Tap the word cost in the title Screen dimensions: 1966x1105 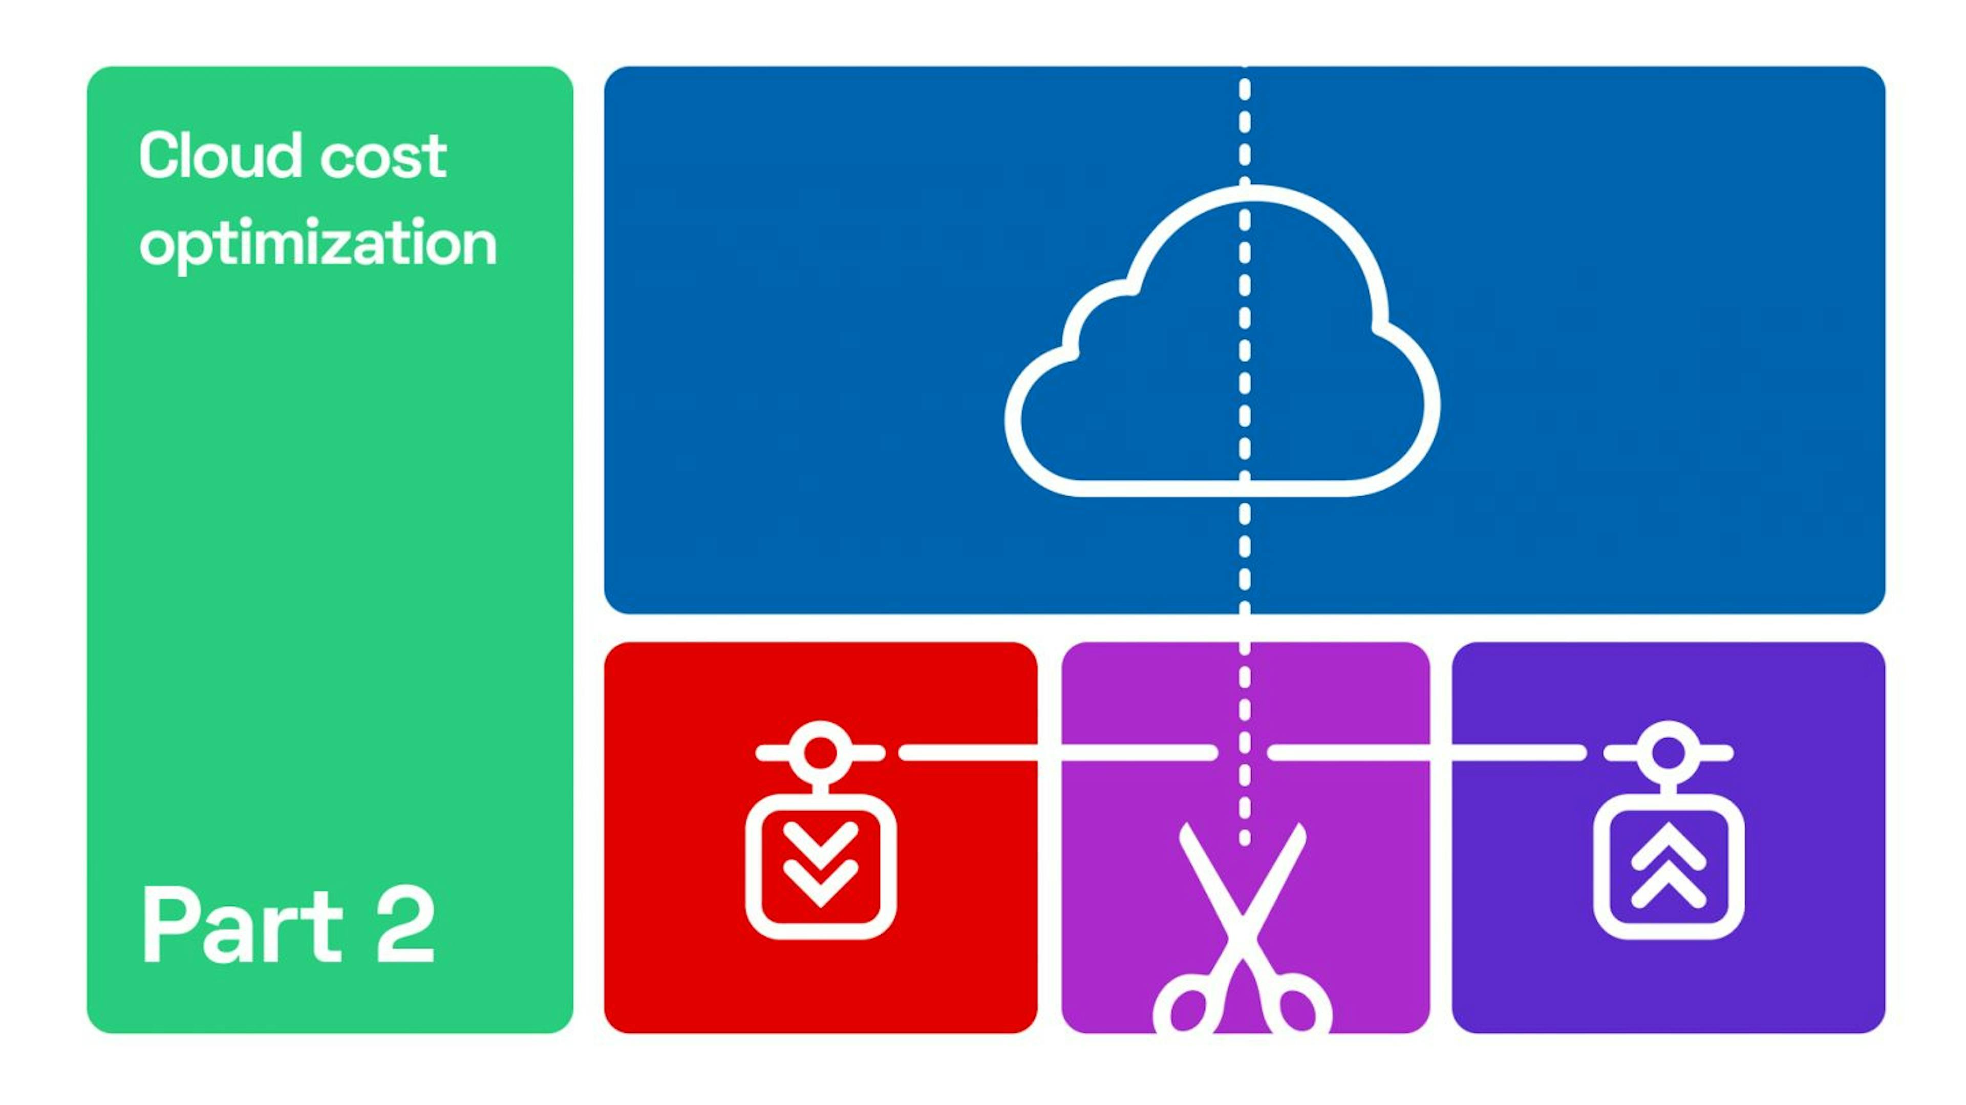pos(383,159)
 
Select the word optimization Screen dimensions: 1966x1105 pos(318,243)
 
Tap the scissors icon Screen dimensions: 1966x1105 pos(1243,927)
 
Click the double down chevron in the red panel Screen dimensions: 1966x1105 pos(820,865)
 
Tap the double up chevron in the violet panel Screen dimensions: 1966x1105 pos(1669,865)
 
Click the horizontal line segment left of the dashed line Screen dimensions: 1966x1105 pos(1058,752)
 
